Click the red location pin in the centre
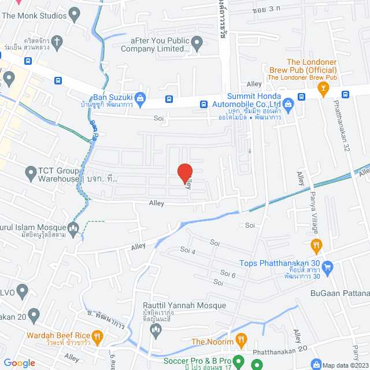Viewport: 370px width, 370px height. pyautogui.click(x=184, y=173)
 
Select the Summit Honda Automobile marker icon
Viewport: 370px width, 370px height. pyautogui.click(x=290, y=104)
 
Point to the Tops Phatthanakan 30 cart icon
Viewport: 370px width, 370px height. pyautogui.click(x=328, y=267)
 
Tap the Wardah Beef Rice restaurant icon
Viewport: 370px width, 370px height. pyautogui.click(x=97, y=336)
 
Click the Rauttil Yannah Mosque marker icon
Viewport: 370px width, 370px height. pyautogui.click(x=155, y=330)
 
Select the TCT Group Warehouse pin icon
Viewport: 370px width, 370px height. pyautogui.click(x=31, y=172)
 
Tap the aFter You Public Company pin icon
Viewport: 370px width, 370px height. pyautogui.click(x=197, y=42)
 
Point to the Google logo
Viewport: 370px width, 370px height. pyautogui.click(x=19, y=362)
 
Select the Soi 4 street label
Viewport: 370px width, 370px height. pyautogui.click(x=188, y=251)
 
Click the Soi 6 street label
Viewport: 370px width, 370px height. pyautogui.click(x=229, y=275)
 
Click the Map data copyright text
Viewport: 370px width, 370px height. pyautogui.click(x=345, y=365)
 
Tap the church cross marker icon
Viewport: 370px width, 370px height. pyautogui.click(x=57, y=41)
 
